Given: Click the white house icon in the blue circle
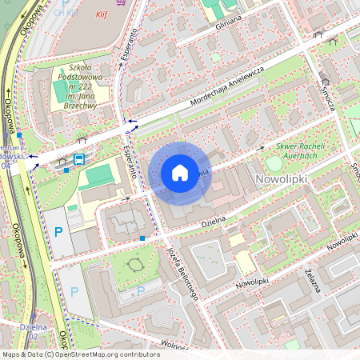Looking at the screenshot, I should tap(180, 172).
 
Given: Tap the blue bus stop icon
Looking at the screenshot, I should tap(79, 159).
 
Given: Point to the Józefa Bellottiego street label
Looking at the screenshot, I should tap(182, 271).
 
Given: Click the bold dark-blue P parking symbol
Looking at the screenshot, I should tap(58, 233).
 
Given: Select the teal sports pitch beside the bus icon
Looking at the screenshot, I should tap(99, 174).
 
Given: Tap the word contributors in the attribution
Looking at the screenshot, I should tap(138, 354).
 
